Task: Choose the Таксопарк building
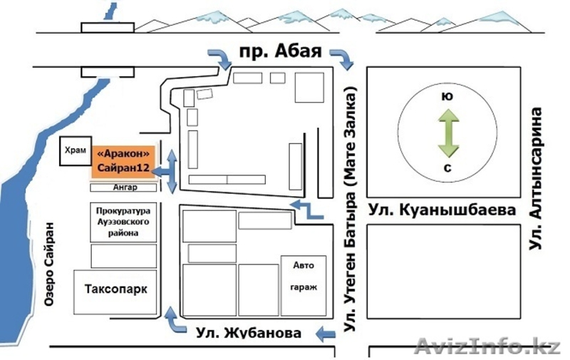115,291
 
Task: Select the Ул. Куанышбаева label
442,211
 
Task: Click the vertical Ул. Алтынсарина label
539,178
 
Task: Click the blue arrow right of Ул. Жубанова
327,334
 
